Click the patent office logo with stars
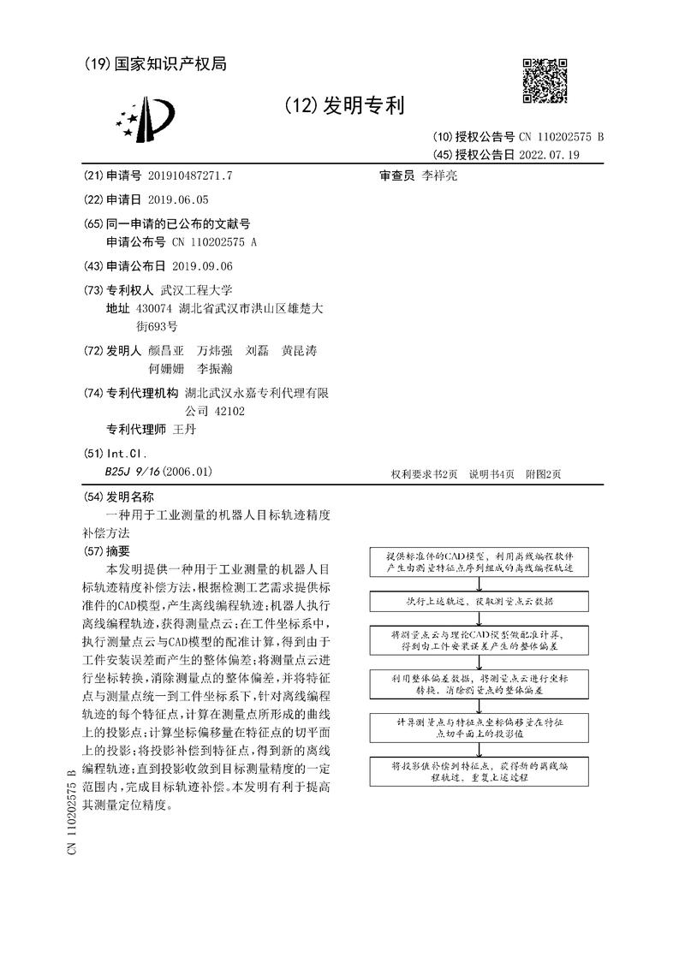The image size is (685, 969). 140,121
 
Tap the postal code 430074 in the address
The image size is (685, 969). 155,308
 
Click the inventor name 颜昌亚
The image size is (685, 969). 165,351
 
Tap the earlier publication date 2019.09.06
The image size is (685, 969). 202,266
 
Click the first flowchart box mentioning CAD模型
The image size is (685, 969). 473,562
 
